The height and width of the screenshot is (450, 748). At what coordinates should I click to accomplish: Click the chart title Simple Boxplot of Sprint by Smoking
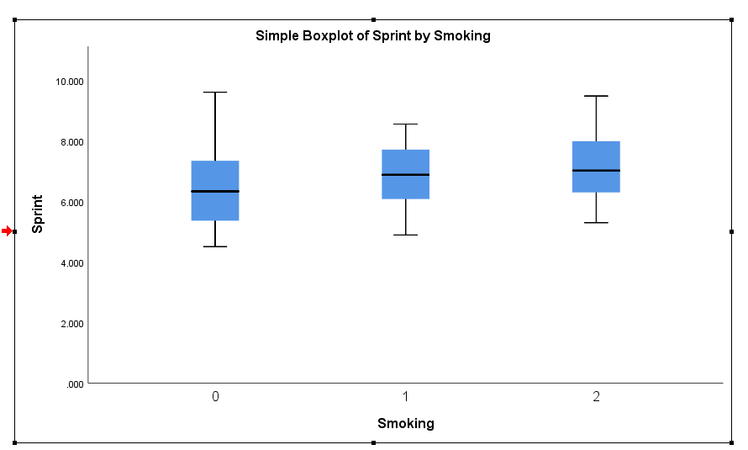[372, 36]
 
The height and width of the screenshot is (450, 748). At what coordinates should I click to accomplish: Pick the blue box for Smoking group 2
[596, 156]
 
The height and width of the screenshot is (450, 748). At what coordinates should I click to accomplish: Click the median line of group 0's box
[215, 192]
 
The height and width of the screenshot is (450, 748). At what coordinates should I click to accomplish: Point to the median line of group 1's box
[406, 175]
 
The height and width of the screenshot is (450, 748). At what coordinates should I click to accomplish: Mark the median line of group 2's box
[596, 171]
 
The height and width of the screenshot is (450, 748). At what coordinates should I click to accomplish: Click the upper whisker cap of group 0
[215, 93]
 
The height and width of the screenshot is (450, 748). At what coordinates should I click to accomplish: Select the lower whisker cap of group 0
[215, 246]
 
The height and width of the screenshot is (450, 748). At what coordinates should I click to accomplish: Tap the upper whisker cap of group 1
[406, 124]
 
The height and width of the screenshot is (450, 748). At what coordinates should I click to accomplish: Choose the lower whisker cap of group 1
[406, 235]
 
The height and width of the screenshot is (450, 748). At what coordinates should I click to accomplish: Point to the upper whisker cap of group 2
[596, 97]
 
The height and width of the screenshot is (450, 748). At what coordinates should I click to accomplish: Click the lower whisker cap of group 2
[596, 223]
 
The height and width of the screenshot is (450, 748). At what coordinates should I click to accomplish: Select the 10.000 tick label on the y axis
[70, 82]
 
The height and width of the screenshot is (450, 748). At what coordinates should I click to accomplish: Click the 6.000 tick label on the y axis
[71, 203]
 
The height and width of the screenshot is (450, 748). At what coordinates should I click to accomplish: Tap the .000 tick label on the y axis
[75, 384]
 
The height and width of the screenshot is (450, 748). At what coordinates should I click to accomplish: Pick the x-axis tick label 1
[406, 397]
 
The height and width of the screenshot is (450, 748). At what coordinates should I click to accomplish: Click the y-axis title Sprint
[38, 214]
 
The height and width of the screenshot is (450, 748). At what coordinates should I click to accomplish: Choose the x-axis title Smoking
[406, 424]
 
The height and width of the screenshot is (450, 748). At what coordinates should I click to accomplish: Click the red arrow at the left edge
[7, 231]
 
